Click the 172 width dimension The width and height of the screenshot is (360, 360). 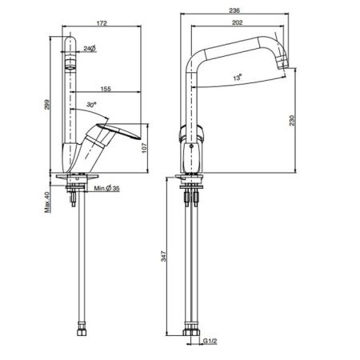pos(102,23)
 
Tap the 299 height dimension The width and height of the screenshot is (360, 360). pos(47,105)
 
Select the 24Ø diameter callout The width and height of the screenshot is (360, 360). pos(90,48)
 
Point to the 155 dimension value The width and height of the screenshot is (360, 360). pos(106,89)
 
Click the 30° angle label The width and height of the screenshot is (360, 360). pos(91,105)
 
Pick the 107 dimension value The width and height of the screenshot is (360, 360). pos(144,148)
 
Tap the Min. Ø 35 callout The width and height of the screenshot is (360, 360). pos(106,188)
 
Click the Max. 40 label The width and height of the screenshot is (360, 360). pos(47,202)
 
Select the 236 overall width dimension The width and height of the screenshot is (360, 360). pos(234,10)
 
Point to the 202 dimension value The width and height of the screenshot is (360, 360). pos(238,22)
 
